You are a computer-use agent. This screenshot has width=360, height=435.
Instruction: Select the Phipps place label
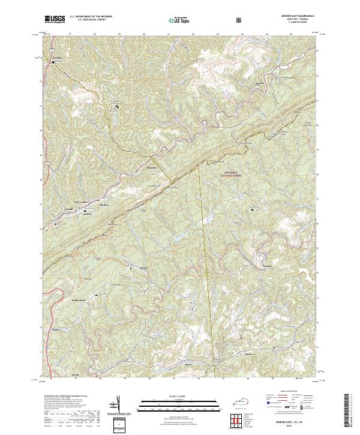(x=143, y=268)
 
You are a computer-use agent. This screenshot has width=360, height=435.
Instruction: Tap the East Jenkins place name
(x=80, y=201)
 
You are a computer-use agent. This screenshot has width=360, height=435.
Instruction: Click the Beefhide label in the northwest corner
(x=58, y=58)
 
